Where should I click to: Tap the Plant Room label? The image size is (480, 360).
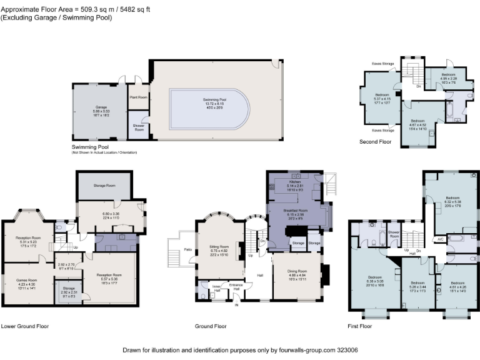138,97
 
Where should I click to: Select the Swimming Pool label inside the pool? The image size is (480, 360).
214,100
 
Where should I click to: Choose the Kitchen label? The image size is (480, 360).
295,182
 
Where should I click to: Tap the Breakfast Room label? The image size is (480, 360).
295,211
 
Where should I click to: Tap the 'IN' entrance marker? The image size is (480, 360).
236,305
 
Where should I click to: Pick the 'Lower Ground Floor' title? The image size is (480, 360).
24,326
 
